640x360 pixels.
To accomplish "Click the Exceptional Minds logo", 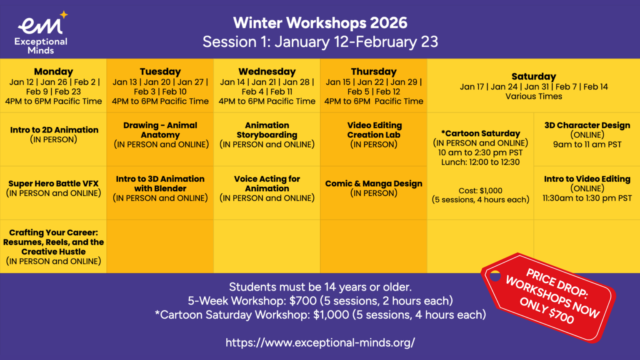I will (x=41, y=33).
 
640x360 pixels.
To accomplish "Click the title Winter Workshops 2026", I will (x=320, y=23).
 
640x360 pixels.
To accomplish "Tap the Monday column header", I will (x=53, y=72).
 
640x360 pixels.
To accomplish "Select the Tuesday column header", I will (x=160, y=72).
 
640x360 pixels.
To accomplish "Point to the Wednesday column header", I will (x=267, y=72).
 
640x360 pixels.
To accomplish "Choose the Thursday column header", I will (x=374, y=72).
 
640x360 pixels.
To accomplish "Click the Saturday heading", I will (x=533, y=77).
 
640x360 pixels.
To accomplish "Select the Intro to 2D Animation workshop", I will (x=54, y=134).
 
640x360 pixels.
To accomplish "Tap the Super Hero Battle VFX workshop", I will (x=53, y=188).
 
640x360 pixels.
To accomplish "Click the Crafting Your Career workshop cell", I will (x=53, y=247).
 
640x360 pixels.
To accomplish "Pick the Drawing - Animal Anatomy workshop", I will (x=160, y=135).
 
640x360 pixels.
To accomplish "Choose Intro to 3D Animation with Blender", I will (x=160, y=188).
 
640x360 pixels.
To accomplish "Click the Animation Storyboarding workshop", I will (x=267, y=135).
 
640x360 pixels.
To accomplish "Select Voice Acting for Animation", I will (x=267, y=188).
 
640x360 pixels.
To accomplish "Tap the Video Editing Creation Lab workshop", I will (x=374, y=135).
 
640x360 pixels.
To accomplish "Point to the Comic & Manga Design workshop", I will (x=374, y=188).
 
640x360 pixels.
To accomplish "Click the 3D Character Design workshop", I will (x=587, y=135).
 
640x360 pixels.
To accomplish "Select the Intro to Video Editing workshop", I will (x=587, y=188).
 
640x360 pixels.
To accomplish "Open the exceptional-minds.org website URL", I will (x=320, y=342).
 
